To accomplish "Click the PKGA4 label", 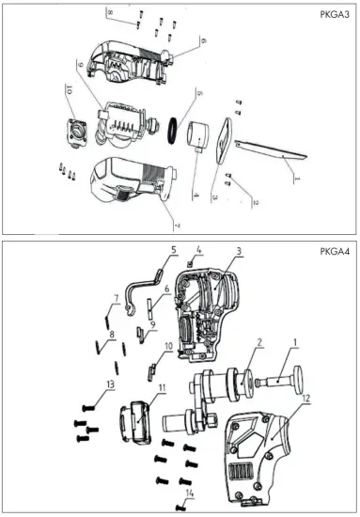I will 333,253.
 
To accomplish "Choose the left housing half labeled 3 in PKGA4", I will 208,320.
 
